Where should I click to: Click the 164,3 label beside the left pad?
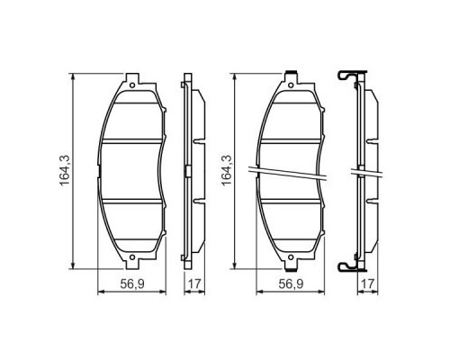(x=66, y=169)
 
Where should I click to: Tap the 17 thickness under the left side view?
(x=193, y=286)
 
